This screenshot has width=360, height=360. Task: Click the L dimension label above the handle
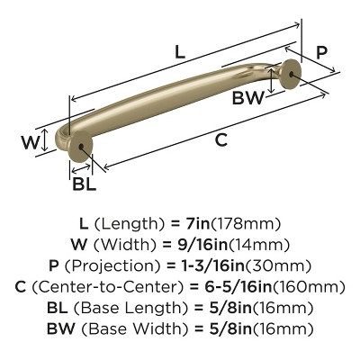click(180, 53)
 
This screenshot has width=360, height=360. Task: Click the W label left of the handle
click(29, 141)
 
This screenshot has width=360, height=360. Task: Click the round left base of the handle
click(81, 153)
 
